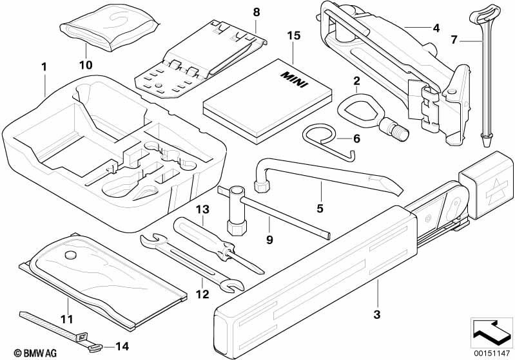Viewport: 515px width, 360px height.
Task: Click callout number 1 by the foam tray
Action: (44, 66)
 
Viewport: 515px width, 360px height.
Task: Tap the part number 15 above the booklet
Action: (293, 35)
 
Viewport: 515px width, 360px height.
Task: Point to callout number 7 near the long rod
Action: (454, 40)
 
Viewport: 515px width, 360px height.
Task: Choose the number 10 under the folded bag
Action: (86, 65)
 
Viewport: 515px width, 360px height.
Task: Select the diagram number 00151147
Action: (493, 352)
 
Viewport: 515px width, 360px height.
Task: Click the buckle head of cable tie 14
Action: (84, 336)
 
